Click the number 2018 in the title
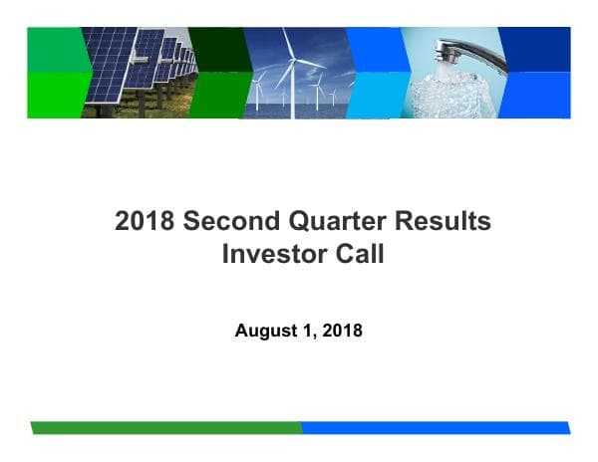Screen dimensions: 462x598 [143, 221]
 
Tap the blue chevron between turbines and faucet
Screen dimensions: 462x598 [374, 72]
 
